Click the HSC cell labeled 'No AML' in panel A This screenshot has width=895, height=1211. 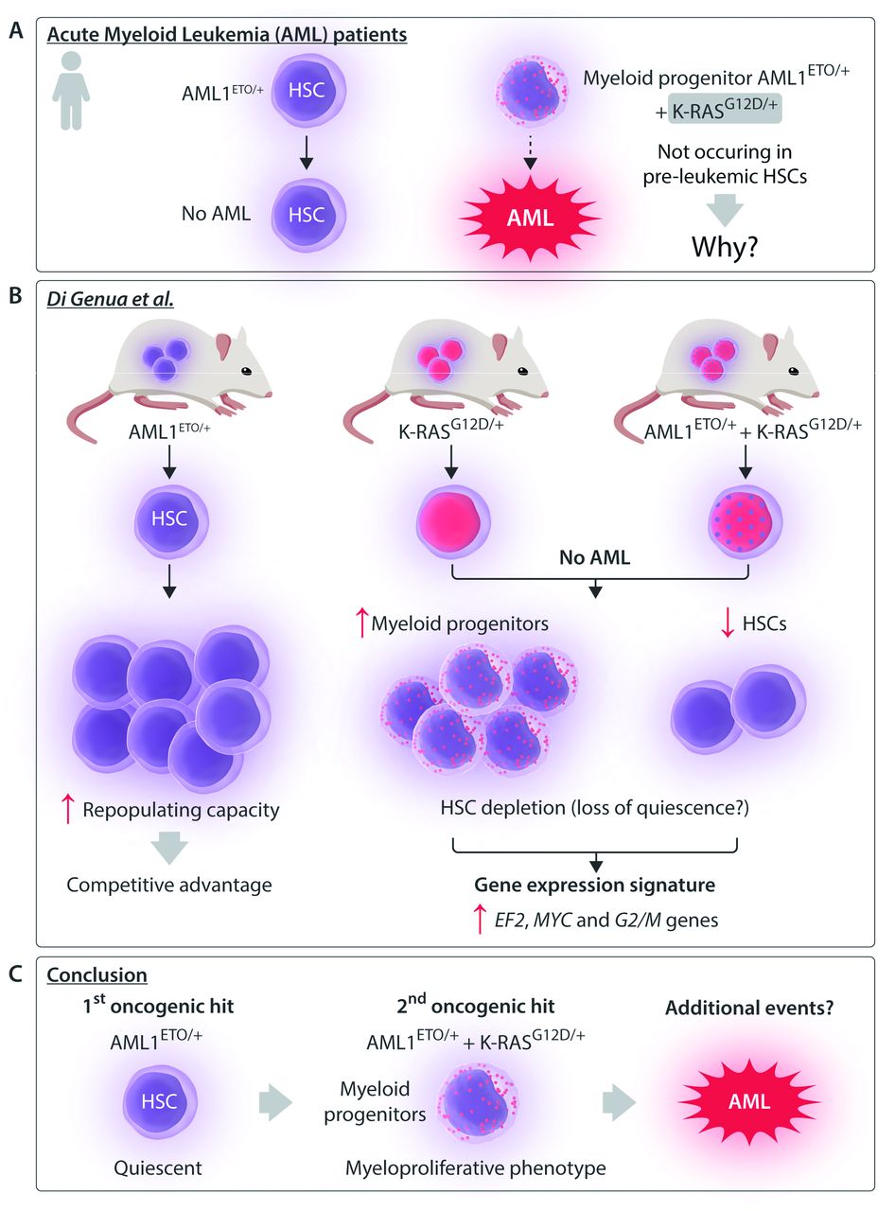pyautogui.click(x=305, y=213)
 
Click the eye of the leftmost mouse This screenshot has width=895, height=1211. pyautogui.click(x=249, y=373)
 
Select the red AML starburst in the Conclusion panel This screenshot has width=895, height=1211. pyautogui.click(x=749, y=1101)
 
